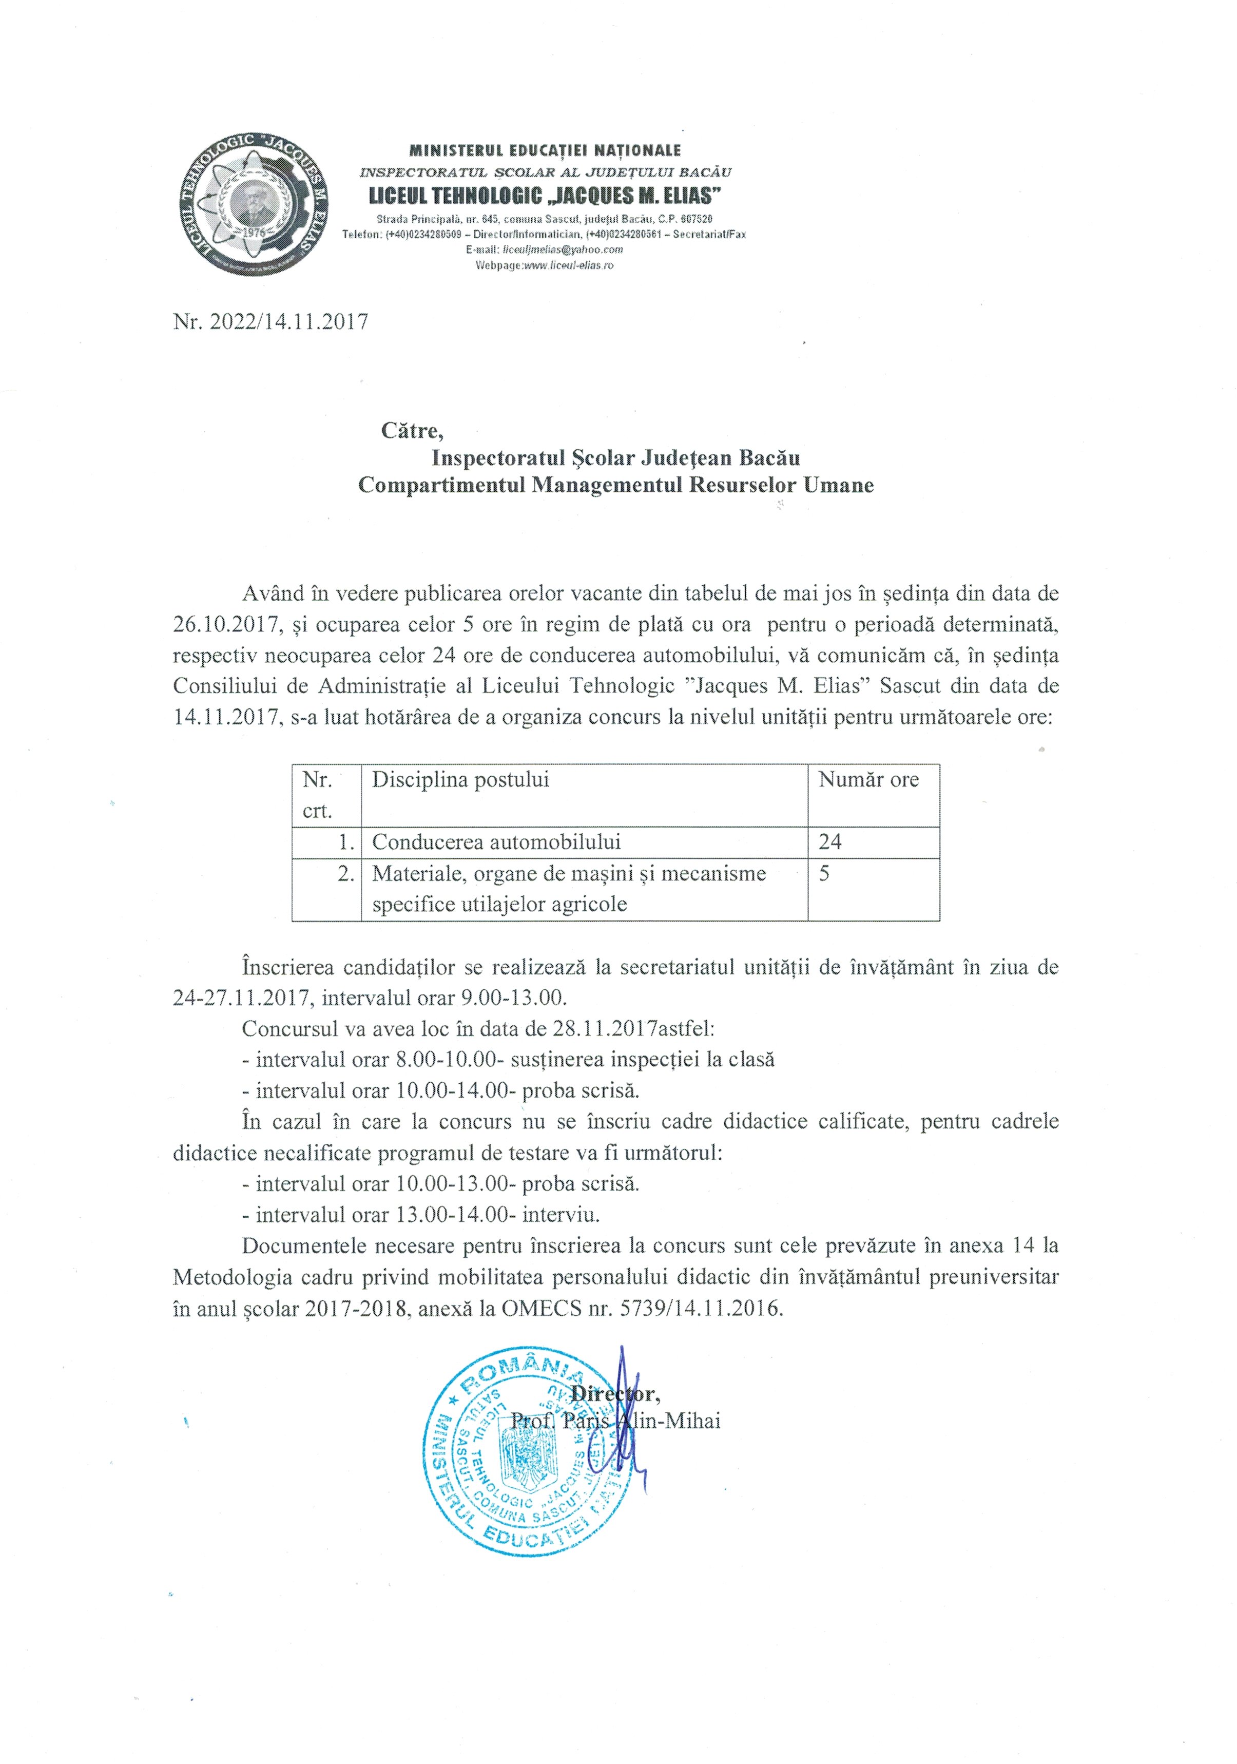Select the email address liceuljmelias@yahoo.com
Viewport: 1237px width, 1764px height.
(562, 250)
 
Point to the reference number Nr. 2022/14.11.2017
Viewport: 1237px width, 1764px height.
(270, 321)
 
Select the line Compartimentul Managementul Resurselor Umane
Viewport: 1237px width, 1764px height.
(615, 486)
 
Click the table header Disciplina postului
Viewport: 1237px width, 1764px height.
(460, 780)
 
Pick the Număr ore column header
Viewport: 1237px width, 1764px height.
(868, 780)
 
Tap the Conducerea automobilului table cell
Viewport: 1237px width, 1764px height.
(496, 842)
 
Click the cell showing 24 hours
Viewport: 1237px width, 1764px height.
(830, 842)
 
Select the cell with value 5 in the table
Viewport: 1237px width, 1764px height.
(824, 874)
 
